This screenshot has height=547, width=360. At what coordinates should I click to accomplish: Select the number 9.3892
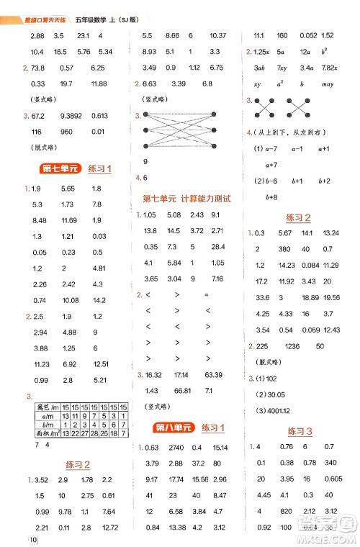pyautogui.click(x=73, y=116)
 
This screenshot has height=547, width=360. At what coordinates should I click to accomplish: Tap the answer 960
pyautogui.click(x=68, y=132)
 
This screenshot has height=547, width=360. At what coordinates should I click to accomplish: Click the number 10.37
pyautogui.click(x=217, y=35)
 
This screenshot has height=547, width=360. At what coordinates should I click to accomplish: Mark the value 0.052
pyautogui.click(x=307, y=35)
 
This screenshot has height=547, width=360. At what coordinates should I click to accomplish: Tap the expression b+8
pyautogui.click(x=272, y=196)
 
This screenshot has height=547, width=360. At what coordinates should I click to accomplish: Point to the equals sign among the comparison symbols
pyautogui.click(x=206, y=294)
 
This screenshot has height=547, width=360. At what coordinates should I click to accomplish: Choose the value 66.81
pyautogui.click(x=177, y=390)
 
